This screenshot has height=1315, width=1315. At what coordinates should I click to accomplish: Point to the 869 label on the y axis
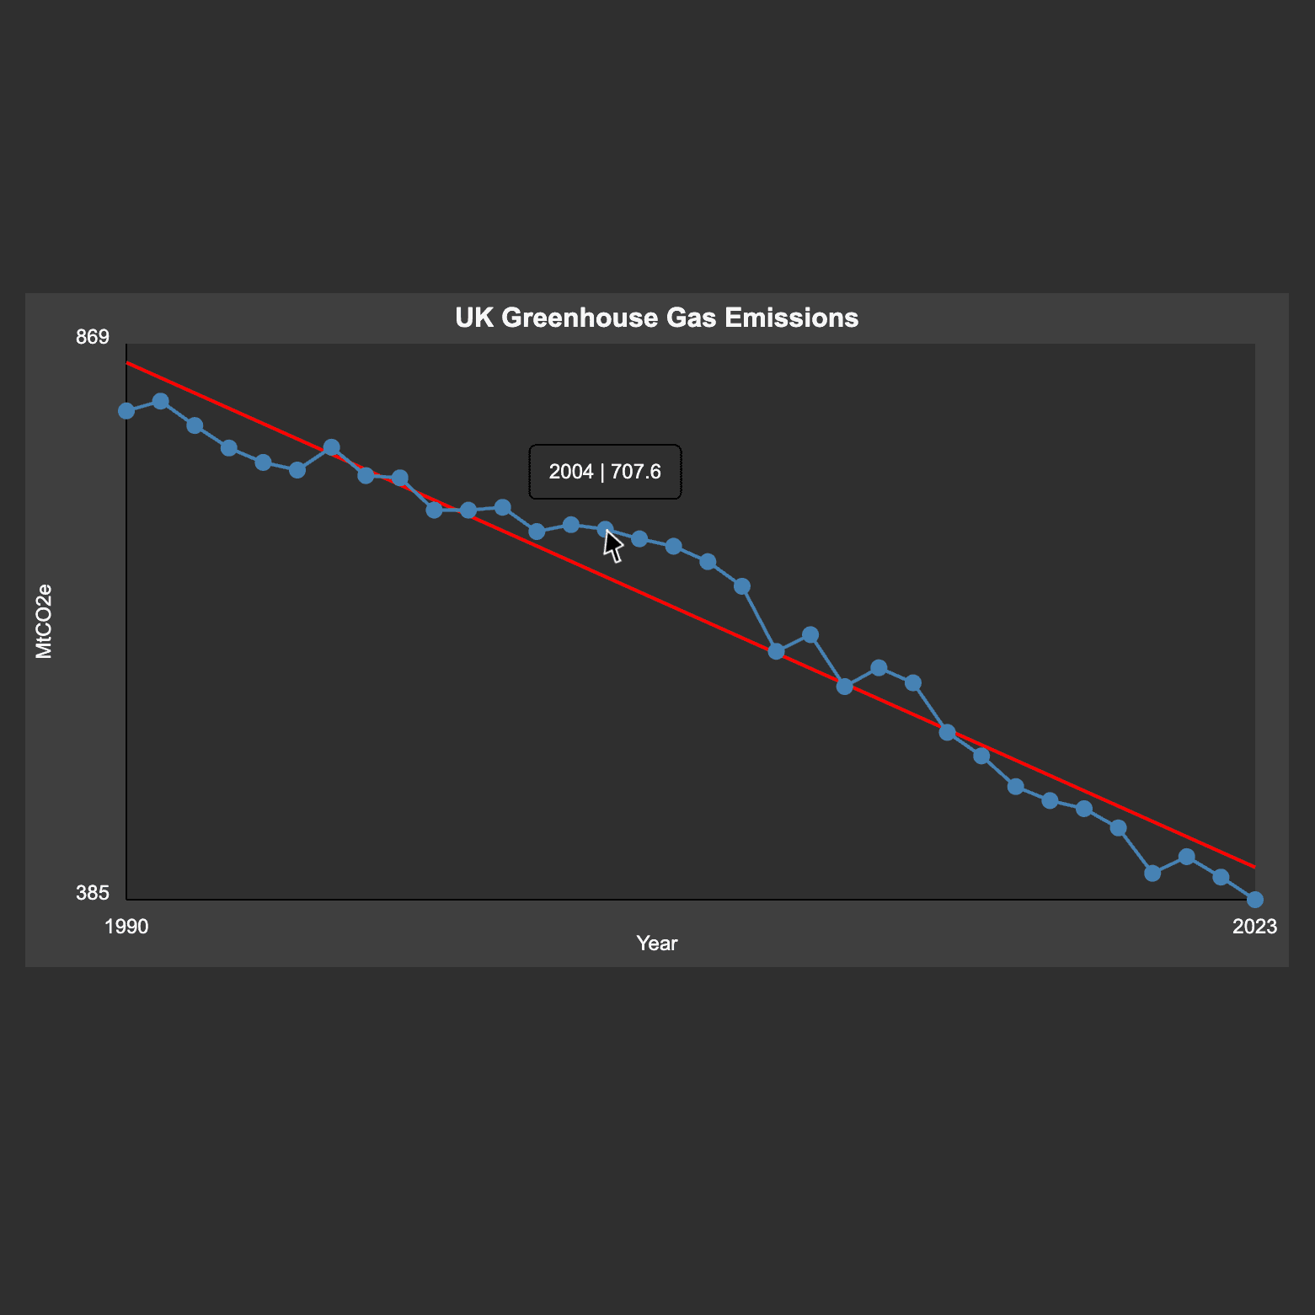(93, 337)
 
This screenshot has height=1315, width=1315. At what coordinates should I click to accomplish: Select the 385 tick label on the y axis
(93, 893)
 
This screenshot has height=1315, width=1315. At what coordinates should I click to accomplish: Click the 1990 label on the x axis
(126, 927)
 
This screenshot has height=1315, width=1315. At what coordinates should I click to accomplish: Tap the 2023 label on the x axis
(1254, 927)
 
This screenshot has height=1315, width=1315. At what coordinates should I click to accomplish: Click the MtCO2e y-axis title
(44, 621)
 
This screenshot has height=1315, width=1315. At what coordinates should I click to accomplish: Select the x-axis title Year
(657, 943)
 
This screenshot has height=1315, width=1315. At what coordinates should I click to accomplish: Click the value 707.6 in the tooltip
(636, 472)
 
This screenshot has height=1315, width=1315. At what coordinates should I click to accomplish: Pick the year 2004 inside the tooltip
(571, 472)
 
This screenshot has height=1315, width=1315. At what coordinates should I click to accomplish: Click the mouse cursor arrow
(613, 545)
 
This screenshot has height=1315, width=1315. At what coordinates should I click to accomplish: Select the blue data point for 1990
(126, 411)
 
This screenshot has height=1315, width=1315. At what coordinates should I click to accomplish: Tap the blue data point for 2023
(1254, 900)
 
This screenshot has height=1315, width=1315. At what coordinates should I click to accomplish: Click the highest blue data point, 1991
(161, 401)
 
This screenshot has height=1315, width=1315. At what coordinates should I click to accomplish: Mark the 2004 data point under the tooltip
(605, 529)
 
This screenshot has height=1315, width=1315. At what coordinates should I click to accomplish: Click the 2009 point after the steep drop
(776, 651)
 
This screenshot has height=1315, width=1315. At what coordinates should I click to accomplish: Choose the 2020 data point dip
(1152, 873)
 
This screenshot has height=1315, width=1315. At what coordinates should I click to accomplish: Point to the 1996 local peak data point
(332, 446)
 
